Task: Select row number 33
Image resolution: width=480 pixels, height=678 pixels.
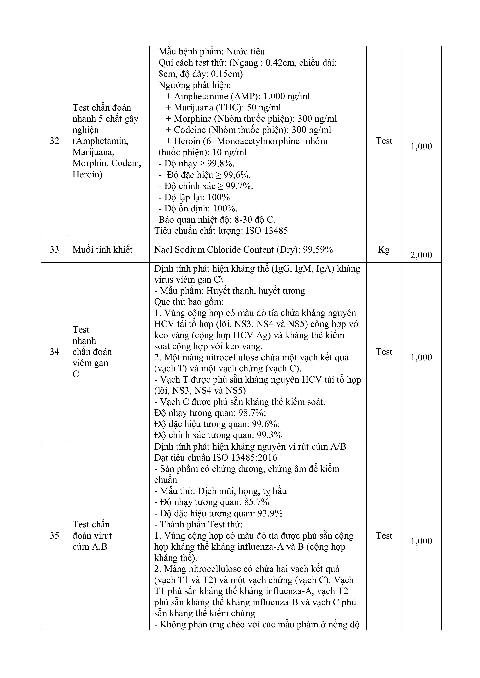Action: tap(54, 249)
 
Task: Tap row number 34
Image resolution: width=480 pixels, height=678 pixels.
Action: tap(54, 352)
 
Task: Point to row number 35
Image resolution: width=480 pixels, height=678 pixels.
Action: tap(54, 535)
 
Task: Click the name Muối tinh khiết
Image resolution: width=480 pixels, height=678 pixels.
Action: tap(102, 249)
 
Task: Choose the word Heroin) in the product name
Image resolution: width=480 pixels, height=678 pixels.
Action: tap(88, 174)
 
